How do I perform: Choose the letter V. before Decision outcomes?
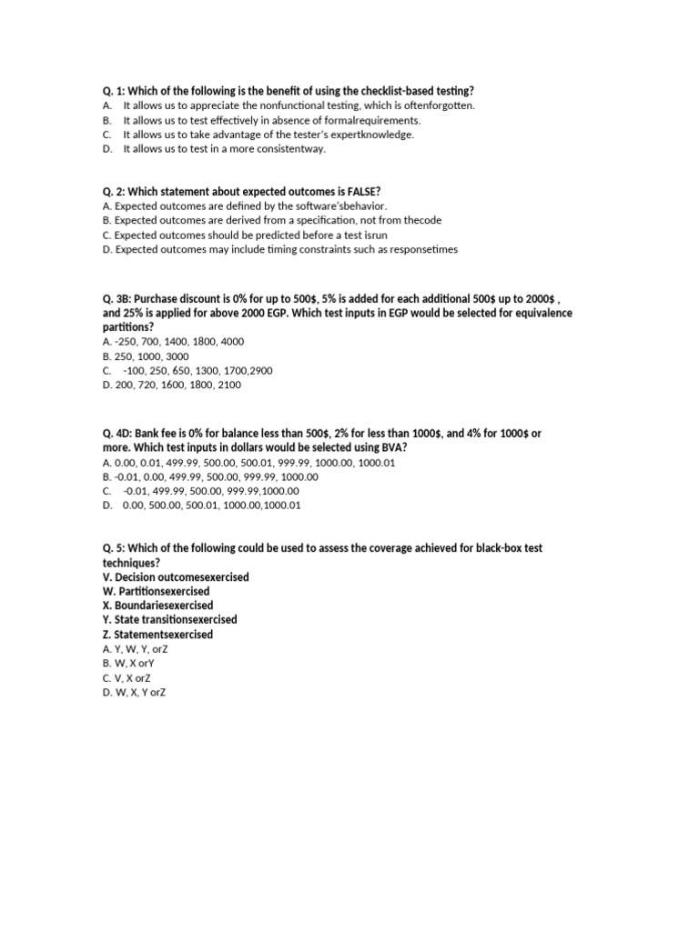pos(108,577)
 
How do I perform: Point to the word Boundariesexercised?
pos(165,606)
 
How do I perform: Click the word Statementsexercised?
pos(165,635)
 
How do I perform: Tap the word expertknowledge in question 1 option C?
pos(376,135)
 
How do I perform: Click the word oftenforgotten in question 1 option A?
pos(440,105)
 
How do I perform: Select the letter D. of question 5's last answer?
pos(107,693)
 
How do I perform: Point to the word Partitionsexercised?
pos(165,592)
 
